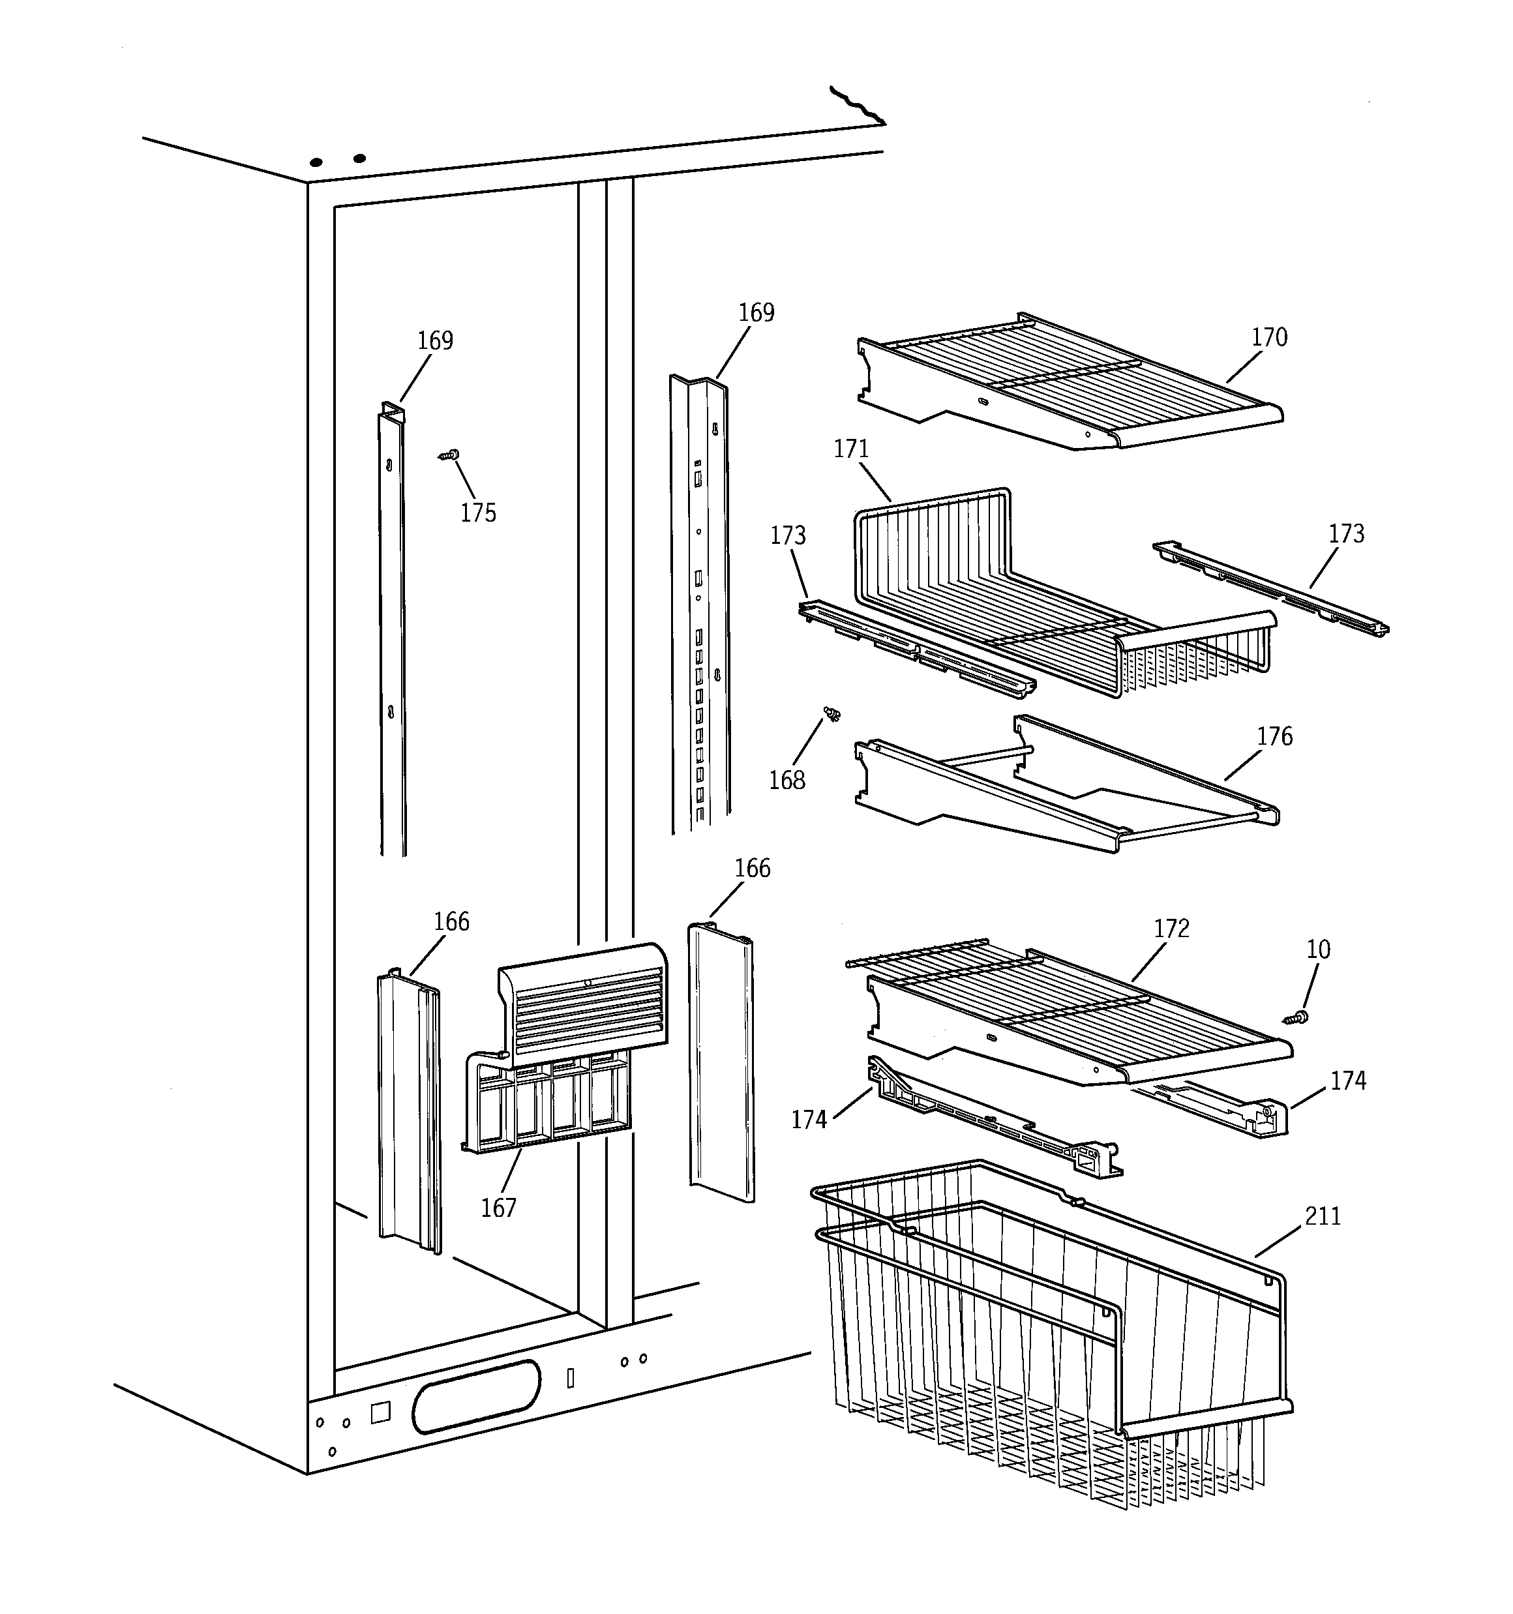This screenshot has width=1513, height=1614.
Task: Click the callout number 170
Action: coord(1268,337)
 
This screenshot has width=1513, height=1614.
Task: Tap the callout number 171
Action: coord(851,449)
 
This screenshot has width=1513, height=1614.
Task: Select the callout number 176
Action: coord(1274,736)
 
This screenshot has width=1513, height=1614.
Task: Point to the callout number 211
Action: coord(1322,1216)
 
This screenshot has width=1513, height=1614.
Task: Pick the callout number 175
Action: coord(477,513)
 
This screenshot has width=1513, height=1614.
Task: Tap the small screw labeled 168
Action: coord(831,713)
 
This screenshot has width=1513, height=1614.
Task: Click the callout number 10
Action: coord(1318,949)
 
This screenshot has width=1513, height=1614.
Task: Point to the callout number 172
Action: coord(1171,928)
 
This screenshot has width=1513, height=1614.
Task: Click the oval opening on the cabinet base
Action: coord(476,1396)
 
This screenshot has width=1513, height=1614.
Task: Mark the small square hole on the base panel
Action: coord(380,1412)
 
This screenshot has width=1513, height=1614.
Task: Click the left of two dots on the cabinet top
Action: coord(317,162)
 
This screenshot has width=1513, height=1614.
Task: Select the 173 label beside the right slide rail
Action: coord(1345,533)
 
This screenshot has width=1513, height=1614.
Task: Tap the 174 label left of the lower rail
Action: coord(809,1120)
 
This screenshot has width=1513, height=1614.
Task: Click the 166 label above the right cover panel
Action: coord(752,868)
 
